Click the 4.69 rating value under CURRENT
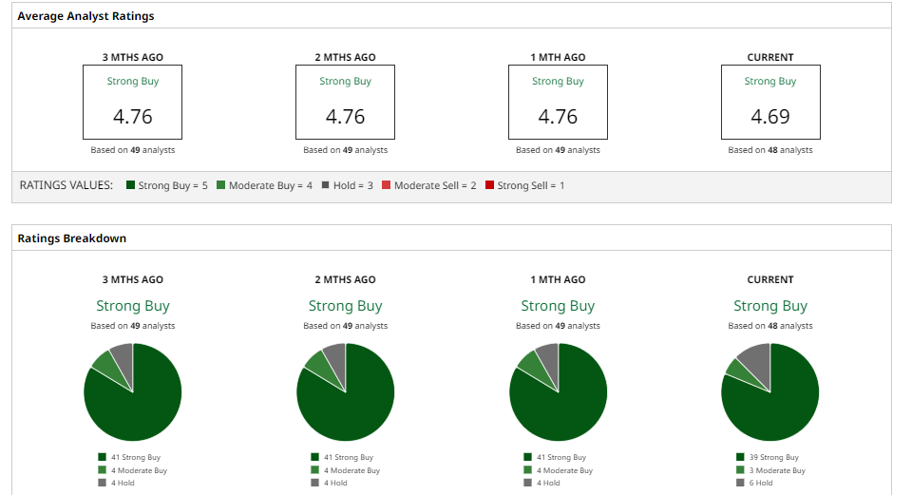770,116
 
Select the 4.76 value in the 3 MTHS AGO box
133,116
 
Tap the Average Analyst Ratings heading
85,16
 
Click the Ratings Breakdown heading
71,238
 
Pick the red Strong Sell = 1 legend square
490,185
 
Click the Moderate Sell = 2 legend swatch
386,185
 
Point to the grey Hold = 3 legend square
325,185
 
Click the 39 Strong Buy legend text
773,457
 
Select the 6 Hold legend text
761,483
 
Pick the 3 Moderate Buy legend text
777,470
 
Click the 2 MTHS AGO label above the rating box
346,57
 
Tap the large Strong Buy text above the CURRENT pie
770,306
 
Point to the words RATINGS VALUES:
66,185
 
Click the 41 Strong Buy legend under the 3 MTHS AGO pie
136,457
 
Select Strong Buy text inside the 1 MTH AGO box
558,82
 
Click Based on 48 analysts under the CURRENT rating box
770,150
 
